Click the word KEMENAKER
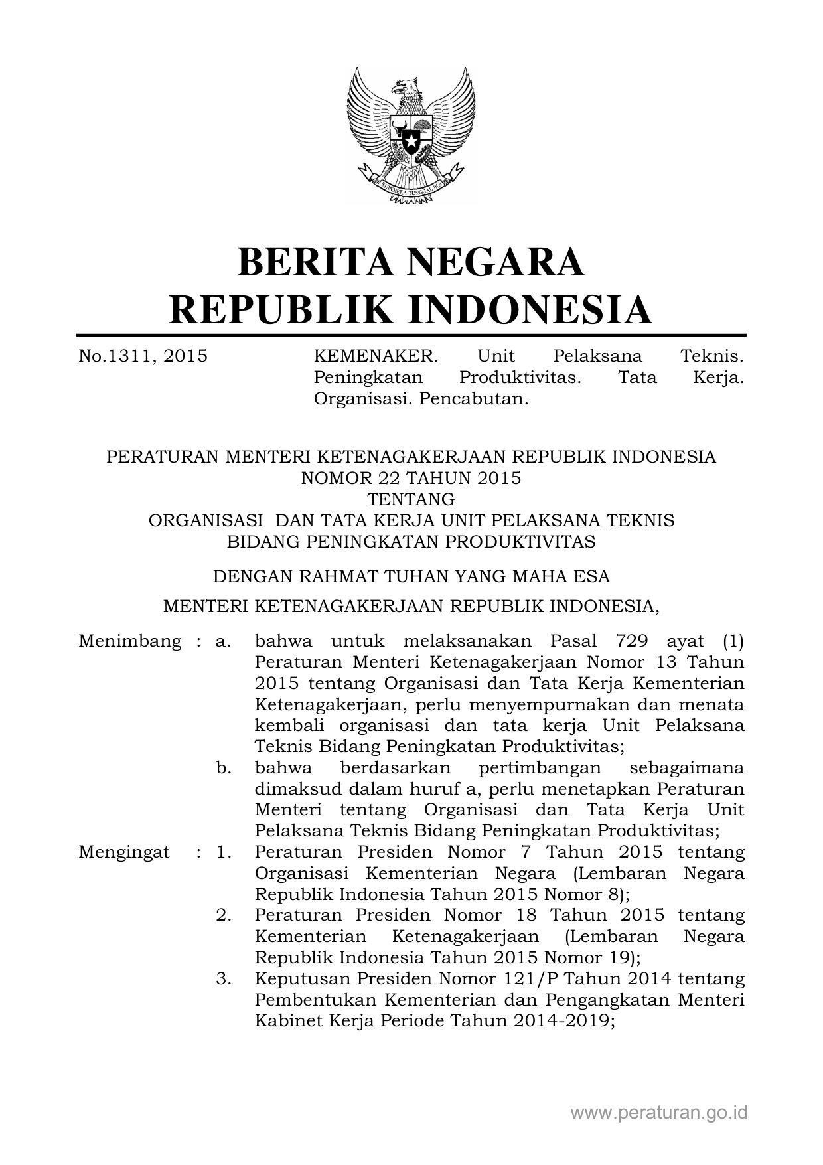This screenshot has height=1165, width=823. (x=376, y=356)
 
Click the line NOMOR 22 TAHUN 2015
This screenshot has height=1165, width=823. (x=411, y=478)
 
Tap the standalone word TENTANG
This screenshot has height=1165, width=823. (x=411, y=499)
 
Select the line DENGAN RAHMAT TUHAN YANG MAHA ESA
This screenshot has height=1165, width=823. (x=411, y=576)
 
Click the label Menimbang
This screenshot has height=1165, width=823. (x=129, y=641)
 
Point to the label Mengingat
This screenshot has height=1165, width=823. (x=123, y=852)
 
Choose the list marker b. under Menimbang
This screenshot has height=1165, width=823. (x=224, y=768)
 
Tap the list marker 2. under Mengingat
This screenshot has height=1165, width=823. (x=224, y=915)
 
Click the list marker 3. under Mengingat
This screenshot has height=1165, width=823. (x=224, y=979)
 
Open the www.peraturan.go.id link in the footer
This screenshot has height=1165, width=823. (x=659, y=1113)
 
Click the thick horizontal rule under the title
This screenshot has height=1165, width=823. (x=411, y=336)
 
